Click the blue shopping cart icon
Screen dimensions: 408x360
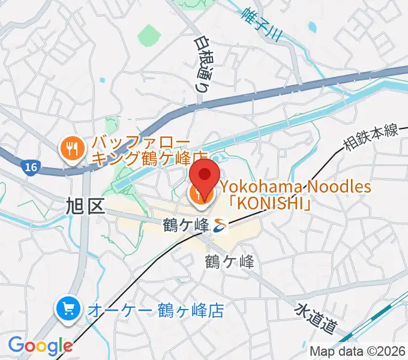pyautogui.click(x=68, y=310)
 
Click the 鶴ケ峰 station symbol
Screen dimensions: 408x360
pyautogui.click(x=220, y=226)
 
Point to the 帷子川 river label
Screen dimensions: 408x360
pyautogui.click(x=262, y=22)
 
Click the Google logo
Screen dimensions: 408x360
pyautogui.click(x=40, y=346)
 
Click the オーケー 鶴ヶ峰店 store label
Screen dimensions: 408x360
pyautogui.click(x=155, y=310)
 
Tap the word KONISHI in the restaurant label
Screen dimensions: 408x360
pyautogui.click(x=274, y=205)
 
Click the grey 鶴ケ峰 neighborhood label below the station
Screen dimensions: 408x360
pyautogui.click(x=229, y=262)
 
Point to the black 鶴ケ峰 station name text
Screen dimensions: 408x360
pyautogui.click(x=186, y=226)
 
